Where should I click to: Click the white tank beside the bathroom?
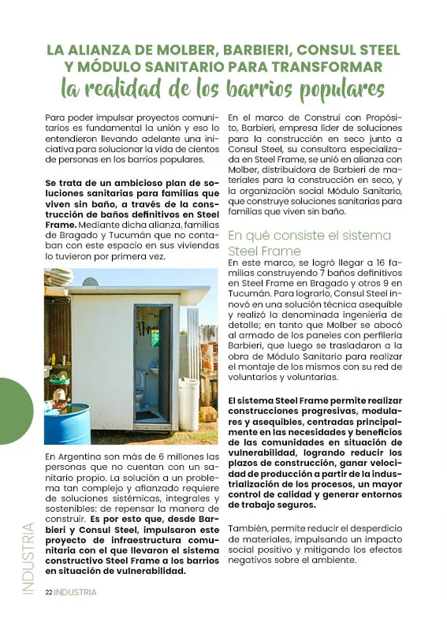(188, 404)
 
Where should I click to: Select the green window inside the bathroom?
(155, 337)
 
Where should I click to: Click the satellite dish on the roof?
(91, 281)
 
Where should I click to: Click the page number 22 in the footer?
(48, 592)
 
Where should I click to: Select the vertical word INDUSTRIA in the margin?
(28, 558)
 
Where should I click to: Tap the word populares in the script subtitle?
(333, 87)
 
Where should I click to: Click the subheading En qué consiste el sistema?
(309, 236)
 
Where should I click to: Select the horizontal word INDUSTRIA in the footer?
(76, 592)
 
